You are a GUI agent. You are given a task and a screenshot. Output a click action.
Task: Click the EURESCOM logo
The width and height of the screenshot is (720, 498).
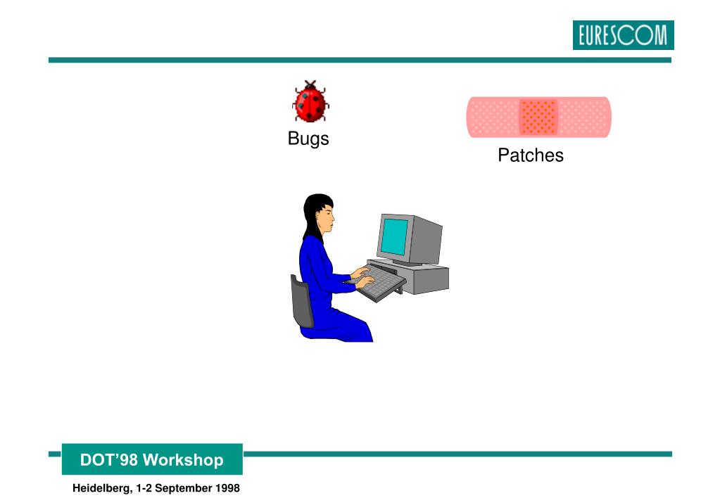point(623,35)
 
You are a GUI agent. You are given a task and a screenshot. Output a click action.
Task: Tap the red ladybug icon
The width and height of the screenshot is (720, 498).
point(310,103)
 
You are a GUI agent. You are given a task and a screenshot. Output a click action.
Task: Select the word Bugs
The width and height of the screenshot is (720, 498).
point(308,139)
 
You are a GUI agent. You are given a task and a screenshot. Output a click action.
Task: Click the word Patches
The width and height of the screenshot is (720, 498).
point(531,155)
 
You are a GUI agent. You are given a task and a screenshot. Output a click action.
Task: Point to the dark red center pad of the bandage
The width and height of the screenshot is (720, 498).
point(538,117)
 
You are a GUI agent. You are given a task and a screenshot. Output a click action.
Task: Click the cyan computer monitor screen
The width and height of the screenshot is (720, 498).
point(395,236)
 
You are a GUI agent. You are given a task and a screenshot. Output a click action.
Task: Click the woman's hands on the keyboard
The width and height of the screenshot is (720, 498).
point(362,275)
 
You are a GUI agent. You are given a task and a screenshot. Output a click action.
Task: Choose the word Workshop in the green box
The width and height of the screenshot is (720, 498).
point(182,461)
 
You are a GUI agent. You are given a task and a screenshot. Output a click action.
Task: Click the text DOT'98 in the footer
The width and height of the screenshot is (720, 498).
point(109,461)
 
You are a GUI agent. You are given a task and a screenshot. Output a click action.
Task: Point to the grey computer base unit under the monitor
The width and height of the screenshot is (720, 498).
point(423,279)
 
